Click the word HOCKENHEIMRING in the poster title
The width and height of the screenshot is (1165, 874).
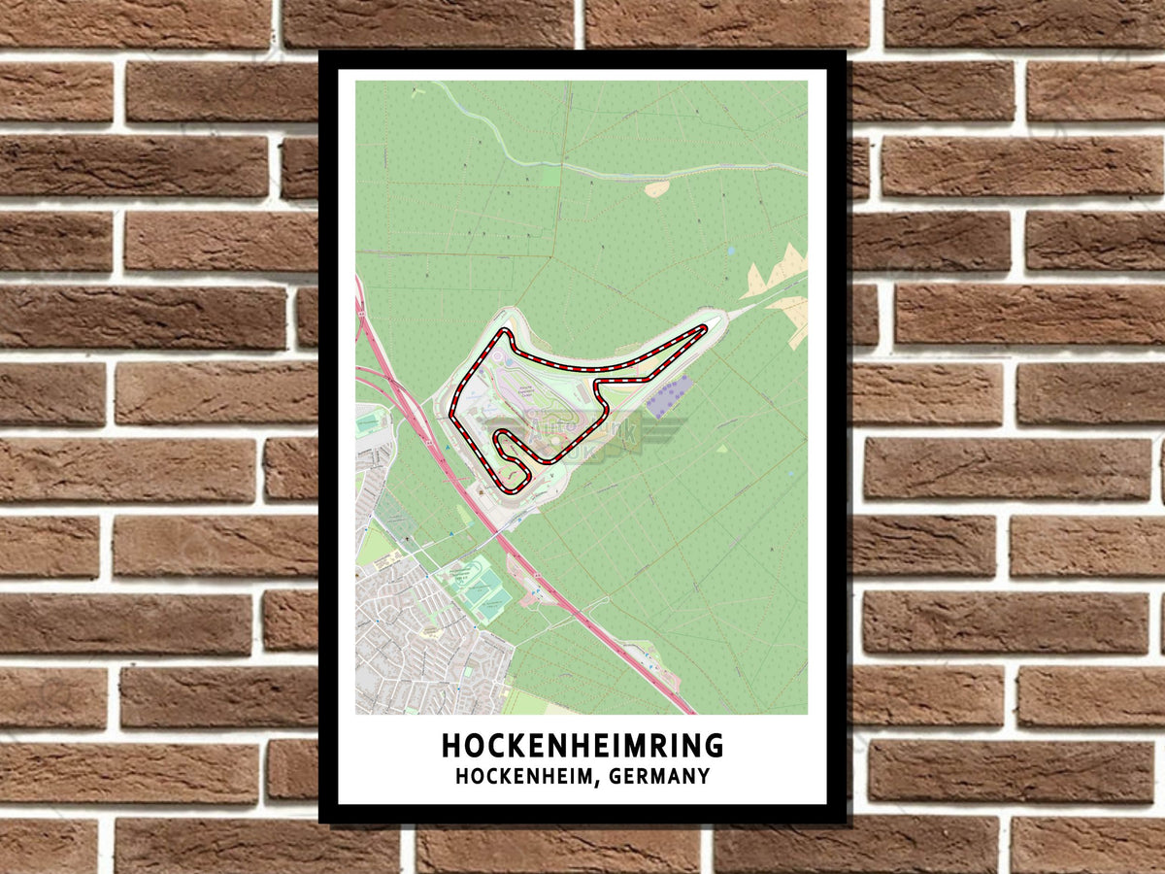[582, 746]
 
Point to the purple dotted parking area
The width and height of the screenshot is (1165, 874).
[670, 396]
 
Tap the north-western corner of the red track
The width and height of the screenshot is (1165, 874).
[505, 333]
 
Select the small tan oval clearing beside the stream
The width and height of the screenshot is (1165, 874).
[657, 188]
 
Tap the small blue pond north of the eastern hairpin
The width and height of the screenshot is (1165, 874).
[730, 251]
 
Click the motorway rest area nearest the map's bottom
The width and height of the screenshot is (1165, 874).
[646, 660]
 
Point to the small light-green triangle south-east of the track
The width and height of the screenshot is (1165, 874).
[721, 449]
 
